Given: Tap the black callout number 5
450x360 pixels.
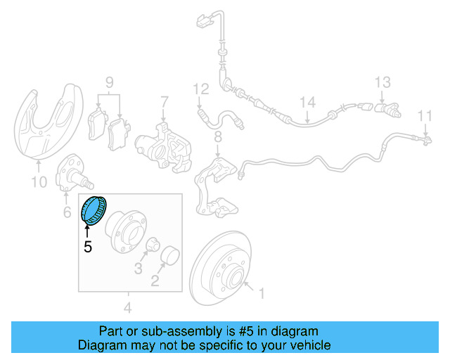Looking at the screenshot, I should click(x=88, y=247).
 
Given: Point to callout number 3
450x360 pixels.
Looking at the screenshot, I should click(x=139, y=269).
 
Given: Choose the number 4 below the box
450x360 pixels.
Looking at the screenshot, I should click(x=128, y=307).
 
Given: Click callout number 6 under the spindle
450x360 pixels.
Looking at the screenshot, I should click(x=67, y=212).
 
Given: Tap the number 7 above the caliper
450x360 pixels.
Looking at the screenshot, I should click(x=164, y=102).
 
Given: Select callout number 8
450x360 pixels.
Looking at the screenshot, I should click(x=218, y=135).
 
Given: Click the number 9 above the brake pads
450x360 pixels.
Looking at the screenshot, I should click(x=109, y=84).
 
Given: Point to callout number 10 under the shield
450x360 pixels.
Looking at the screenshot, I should click(x=39, y=182).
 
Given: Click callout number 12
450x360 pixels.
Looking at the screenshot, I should click(x=201, y=89).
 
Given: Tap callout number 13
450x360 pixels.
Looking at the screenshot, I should click(x=382, y=82).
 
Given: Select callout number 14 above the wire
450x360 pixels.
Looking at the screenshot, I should click(x=308, y=103).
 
